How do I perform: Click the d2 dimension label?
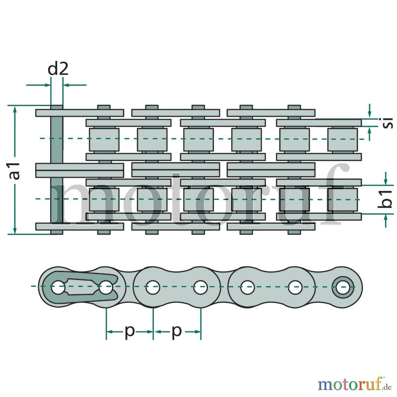pyautogui.click(x=58, y=68)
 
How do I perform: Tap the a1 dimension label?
pyautogui.click(x=15, y=171)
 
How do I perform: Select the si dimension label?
pyautogui.click(x=388, y=123)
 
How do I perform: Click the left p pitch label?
pyautogui.click(x=130, y=331)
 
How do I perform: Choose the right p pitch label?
pyautogui.click(x=177, y=331)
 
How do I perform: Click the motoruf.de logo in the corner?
pyautogui.click(x=355, y=385)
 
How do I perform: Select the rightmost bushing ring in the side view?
pyautogui.click(x=343, y=287)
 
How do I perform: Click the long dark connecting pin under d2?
pyautogui.click(x=57, y=170)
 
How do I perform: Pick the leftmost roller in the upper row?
pyautogui.click(x=104, y=140)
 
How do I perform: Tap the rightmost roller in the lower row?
pyautogui.click(x=343, y=199)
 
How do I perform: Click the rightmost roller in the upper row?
pyautogui.click(x=343, y=140)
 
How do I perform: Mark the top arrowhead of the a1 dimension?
pyautogui.click(x=15, y=109)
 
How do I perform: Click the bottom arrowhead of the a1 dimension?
pyautogui.click(x=15, y=230)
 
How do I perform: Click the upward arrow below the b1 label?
pyautogui.click(x=386, y=220)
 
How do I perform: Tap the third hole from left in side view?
pyautogui.click(x=153, y=287)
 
